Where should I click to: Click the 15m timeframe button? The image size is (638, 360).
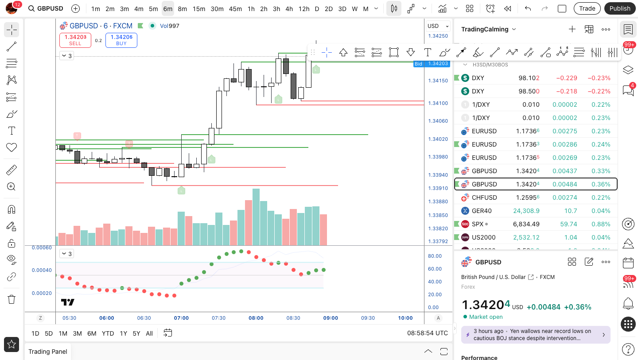pos(199,8)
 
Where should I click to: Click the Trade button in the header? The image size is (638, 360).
pos(587,8)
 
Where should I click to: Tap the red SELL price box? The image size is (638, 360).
pos(75,40)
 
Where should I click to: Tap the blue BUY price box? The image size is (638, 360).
pos(121,40)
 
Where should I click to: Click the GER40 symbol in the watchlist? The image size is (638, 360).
pos(482,211)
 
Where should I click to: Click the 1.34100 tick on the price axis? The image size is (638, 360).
pos(438,103)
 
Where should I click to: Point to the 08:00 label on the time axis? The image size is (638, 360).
pos(256,318)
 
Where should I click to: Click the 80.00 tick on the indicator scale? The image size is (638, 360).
pos(435,256)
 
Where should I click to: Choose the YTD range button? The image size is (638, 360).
pos(108,333)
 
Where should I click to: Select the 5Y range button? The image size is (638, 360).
pos(136,333)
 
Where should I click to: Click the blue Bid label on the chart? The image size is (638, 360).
pos(418,64)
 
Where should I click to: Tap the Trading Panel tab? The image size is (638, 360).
pos(48,352)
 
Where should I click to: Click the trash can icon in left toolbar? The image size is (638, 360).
pos(12,299)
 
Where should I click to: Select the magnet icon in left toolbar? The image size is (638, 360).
pos(12,209)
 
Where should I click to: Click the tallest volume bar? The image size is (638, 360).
pos(256,217)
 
